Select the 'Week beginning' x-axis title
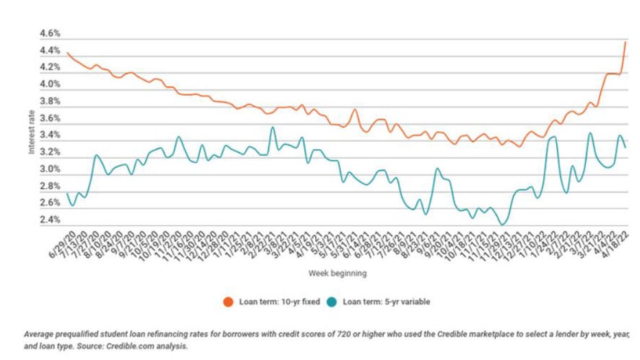point(337,273)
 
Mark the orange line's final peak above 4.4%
point(625,42)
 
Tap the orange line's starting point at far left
point(67,53)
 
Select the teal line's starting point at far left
point(67,194)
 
